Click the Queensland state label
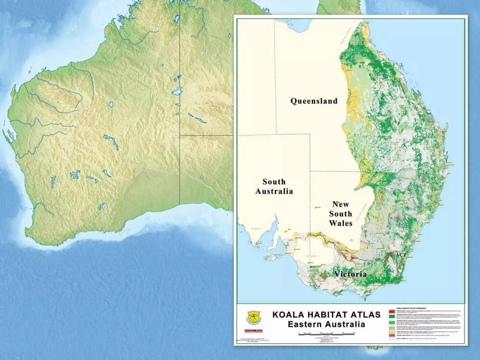[x=314, y=101]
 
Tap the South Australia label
[x=274, y=186]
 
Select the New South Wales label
[x=341, y=214]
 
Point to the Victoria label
[x=350, y=274]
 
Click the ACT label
[x=401, y=254]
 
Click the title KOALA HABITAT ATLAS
[x=326, y=314]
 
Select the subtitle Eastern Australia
[x=326, y=324]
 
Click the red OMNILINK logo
[x=253, y=331]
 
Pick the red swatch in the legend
[x=392, y=311]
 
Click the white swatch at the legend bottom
[x=392, y=338]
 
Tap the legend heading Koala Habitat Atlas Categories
[x=412, y=308]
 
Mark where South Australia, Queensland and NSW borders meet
[x=310, y=171]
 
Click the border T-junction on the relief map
[x=180, y=135]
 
